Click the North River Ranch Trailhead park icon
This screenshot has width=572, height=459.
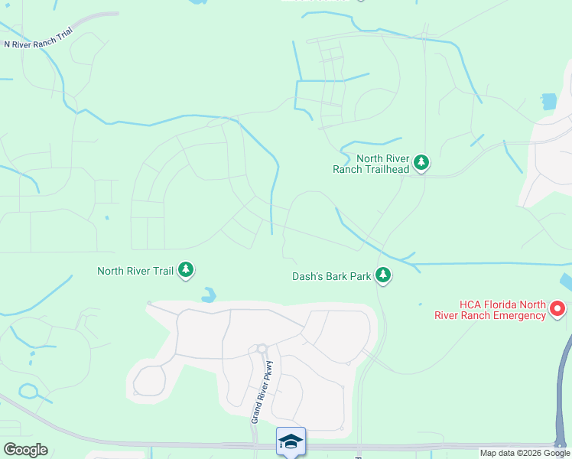tap(421, 162)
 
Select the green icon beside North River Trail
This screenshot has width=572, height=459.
tap(186, 270)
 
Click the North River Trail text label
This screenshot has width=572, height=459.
tap(135, 271)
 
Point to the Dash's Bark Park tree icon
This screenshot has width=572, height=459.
tap(383, 275)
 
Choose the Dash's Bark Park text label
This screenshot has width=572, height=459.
tap(331, 276)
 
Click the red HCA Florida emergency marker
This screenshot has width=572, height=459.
tap(557, 309)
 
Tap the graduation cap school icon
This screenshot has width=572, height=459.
tap(291, 441)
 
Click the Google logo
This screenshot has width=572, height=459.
tap(25, 450)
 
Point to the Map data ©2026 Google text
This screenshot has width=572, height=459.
tap(525, 453)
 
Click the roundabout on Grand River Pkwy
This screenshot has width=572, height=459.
tap(262, 349)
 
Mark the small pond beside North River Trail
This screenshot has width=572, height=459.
tap(208, 294)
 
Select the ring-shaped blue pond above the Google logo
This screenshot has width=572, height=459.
tap(30, 392)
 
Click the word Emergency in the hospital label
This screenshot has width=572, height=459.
tap(517, 315)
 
